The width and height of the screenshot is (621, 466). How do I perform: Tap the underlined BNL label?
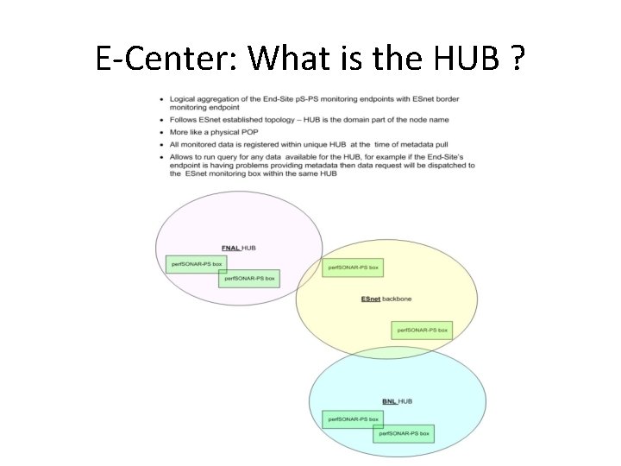point(389,401)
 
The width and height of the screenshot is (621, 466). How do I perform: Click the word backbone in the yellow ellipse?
point(397,299)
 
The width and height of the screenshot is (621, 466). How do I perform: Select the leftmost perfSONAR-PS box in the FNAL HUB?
point(196,263)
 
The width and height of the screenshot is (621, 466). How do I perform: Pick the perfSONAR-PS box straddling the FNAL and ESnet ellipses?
point(352,268)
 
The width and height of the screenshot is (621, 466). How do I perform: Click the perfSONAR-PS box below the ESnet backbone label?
point(422,330)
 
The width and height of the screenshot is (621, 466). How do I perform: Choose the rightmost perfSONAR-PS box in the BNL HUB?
point(403,432)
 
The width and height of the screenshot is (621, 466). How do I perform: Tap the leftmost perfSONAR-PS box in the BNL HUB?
point(353,419)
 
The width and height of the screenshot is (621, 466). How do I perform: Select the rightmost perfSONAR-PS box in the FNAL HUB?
point(248,278)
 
